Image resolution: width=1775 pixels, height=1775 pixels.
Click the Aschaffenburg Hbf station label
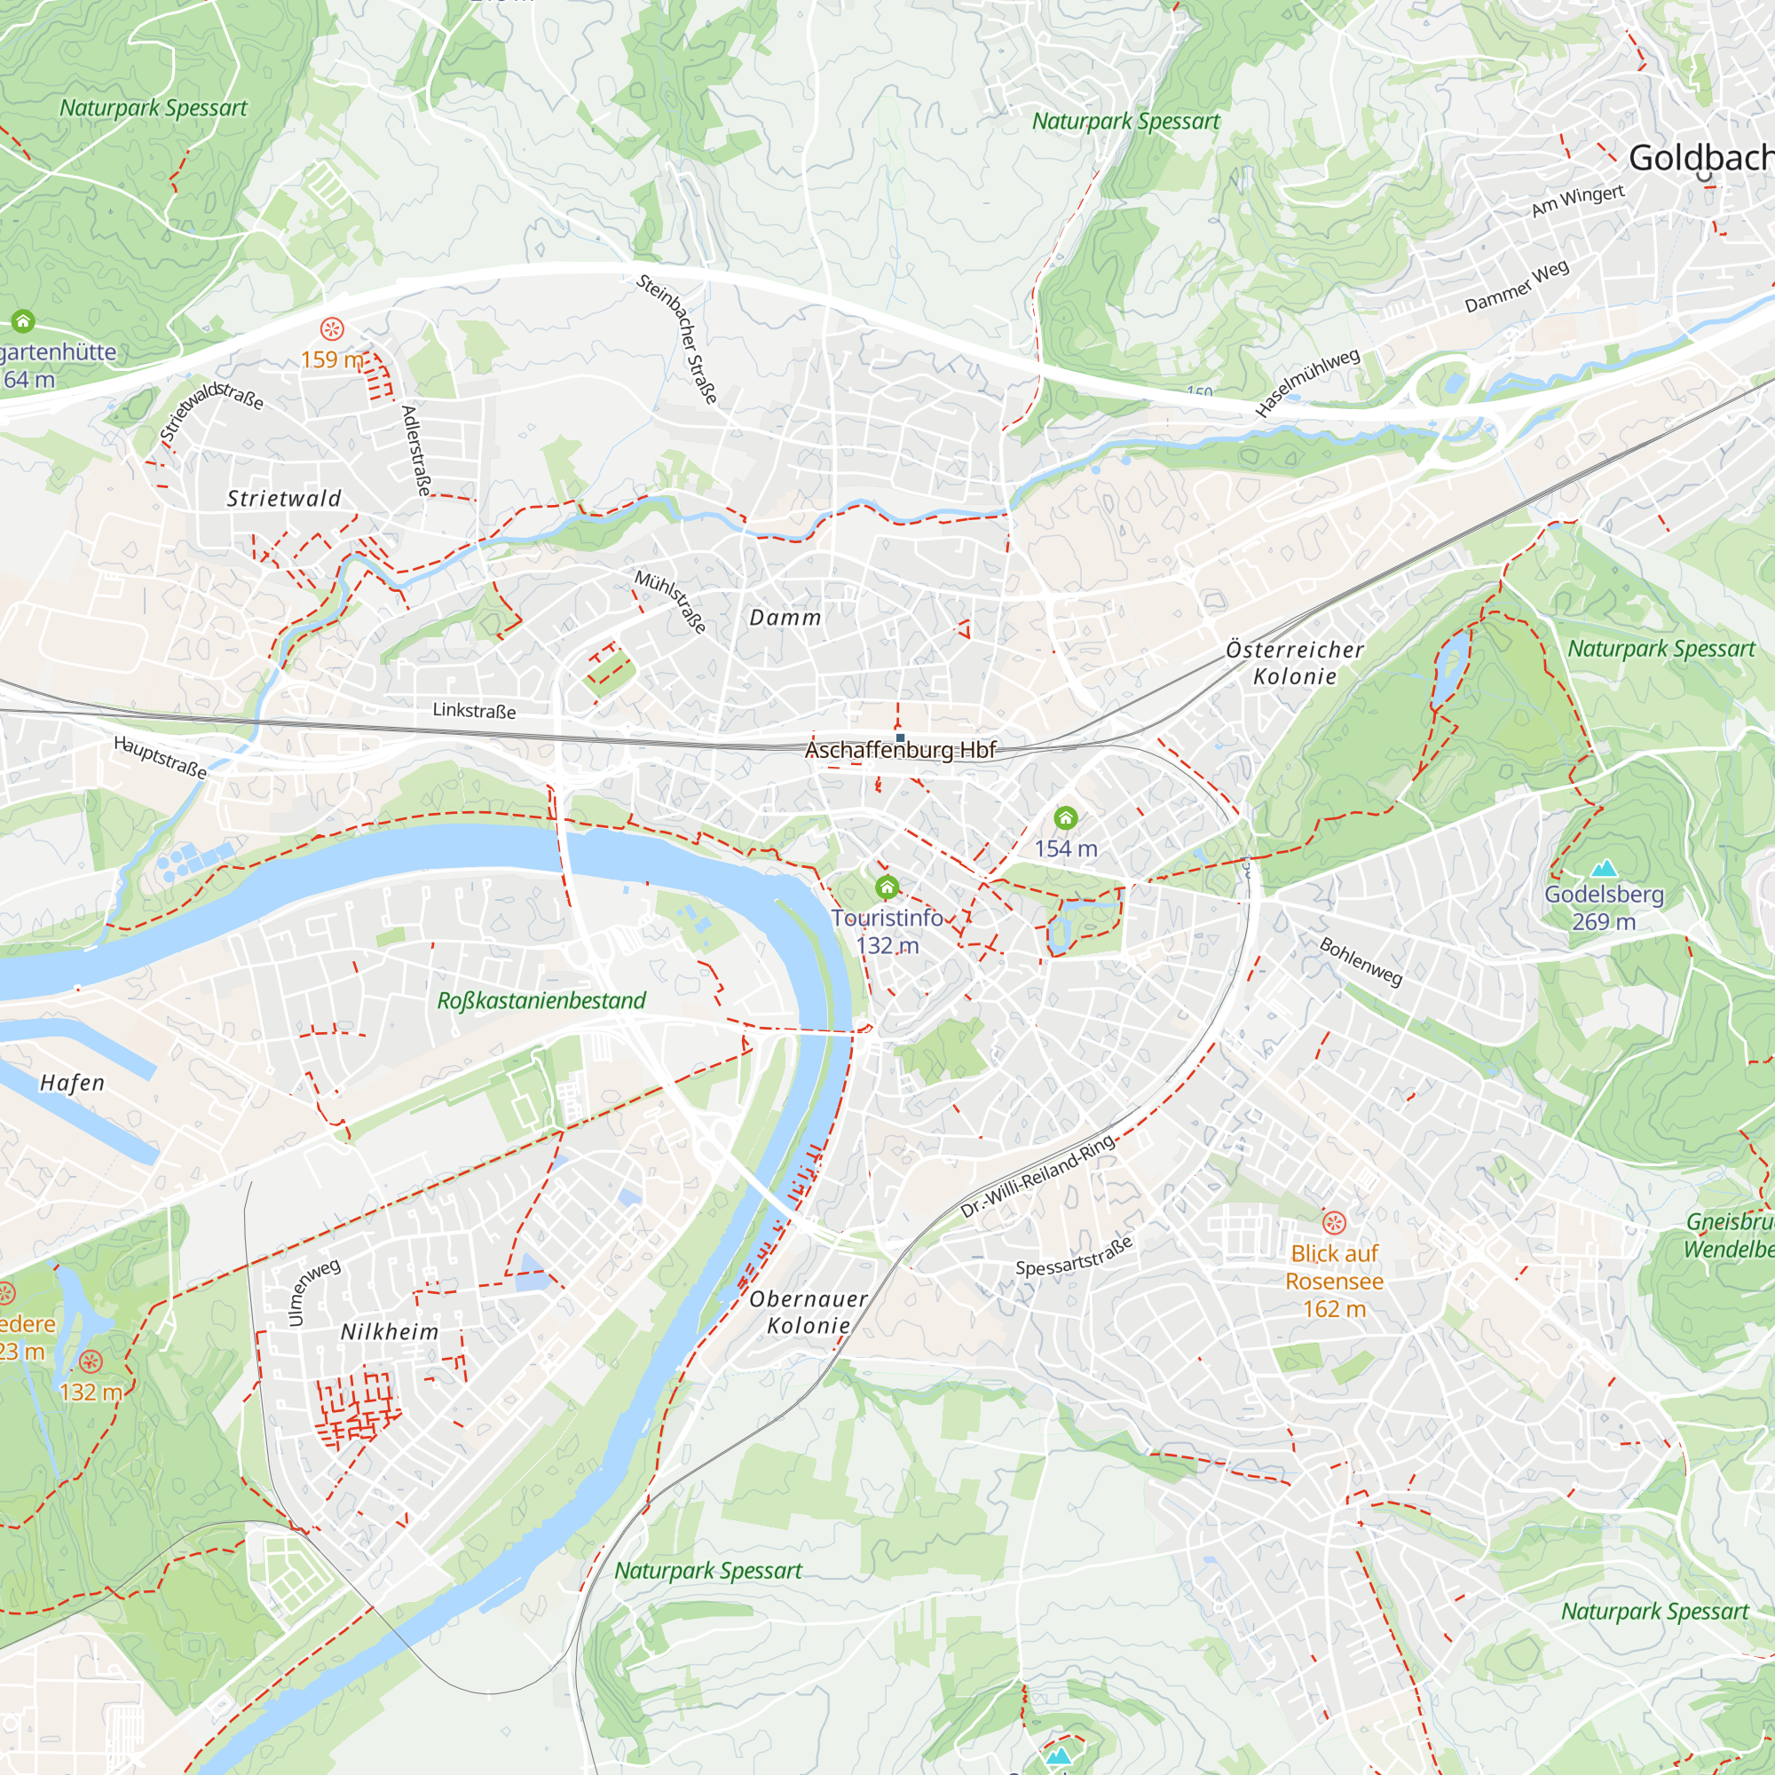[899, 751]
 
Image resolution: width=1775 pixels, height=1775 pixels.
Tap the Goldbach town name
[1700, 158]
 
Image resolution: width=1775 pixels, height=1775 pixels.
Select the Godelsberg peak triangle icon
[1603, 868]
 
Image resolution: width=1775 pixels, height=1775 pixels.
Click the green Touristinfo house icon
[887, 887]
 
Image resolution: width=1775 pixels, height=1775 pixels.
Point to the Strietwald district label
[284, 499]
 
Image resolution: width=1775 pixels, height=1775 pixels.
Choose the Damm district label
[785, 618]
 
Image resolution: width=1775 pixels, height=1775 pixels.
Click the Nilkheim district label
[390, 1332]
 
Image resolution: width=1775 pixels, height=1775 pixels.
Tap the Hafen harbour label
[73, 1083]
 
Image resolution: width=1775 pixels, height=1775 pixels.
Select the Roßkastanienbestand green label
[541, 1000]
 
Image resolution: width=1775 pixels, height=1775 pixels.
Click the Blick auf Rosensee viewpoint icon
[1334, 1222]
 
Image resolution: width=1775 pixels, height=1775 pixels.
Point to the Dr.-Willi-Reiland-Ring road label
[1038, 1175]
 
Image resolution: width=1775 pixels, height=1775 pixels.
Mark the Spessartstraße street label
[1074, 1256]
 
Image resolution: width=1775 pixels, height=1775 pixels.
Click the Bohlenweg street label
[1361, 961]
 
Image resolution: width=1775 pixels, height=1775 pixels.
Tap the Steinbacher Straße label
[677, 339]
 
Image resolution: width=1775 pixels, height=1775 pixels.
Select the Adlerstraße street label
[416, 450]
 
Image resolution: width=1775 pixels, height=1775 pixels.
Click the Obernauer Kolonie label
[808, 1312]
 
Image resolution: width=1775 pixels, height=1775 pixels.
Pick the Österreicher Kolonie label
[1295, 662]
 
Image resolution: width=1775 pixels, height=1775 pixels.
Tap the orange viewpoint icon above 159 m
[332, 328]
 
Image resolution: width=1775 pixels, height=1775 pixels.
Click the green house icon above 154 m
[1066, 816]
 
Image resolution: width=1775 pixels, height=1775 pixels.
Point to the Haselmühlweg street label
[1307, 383]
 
